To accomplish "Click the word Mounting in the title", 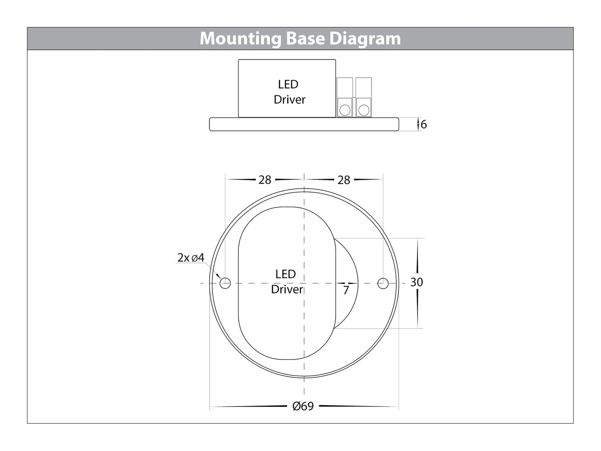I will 241,39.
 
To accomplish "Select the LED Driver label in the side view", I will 289,92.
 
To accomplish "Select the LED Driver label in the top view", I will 286,282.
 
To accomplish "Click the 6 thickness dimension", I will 423,124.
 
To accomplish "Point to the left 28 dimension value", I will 265,180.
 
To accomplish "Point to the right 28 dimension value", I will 344,180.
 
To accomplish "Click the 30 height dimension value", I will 416,282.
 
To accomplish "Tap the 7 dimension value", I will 346,290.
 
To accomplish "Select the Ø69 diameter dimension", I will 303,406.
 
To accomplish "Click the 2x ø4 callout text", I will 190,258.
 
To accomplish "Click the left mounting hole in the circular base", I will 225,283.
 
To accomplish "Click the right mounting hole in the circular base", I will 383,283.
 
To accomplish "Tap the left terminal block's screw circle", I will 344,110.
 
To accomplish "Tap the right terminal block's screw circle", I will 364,110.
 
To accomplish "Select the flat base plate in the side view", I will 304,124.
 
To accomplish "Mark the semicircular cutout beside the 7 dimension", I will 347,266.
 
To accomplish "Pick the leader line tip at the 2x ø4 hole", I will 220,278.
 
